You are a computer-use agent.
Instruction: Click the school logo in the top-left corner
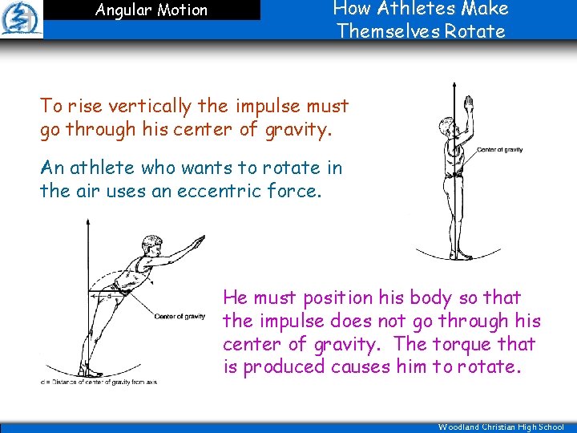coord(21,19)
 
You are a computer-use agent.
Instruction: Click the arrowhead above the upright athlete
coord(454,83)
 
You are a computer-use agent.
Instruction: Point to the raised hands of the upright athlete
coord(470,104)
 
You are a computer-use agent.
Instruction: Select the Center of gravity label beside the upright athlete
coord(500,150)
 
